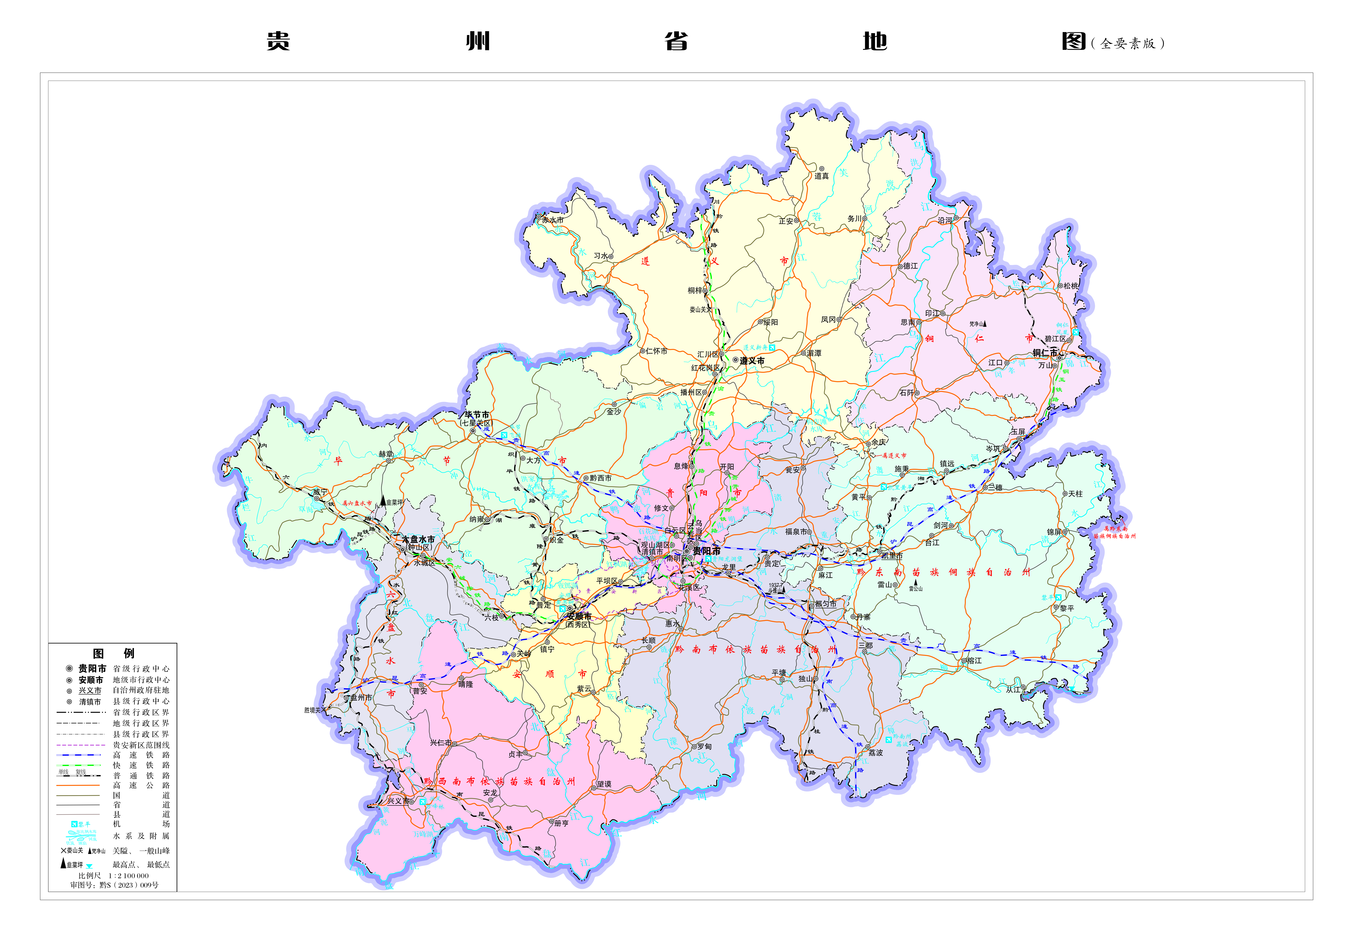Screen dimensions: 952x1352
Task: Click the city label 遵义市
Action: [752, 361]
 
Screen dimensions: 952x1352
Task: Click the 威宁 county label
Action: [320, 492]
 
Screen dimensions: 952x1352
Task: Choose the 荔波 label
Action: [876, 752]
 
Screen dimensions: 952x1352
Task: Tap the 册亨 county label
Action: [561, 823]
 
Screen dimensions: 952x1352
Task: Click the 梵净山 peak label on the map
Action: [976, 324]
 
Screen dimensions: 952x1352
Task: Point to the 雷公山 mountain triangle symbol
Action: [916, 582]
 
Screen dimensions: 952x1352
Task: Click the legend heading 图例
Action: [114, 654]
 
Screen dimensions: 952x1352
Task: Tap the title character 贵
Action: [278, 41]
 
